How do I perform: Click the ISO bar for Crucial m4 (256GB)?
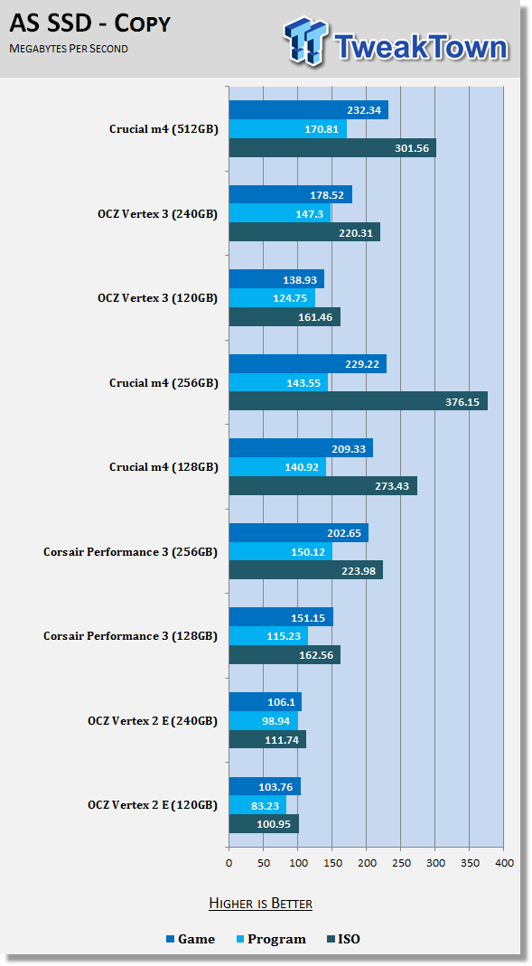[359, 401]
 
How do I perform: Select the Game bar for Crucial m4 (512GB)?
[309, 110]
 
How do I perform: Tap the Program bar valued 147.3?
[280, 214]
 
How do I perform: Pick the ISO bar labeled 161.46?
[285, 316]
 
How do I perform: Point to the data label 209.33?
[349, 449]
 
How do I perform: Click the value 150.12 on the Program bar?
[308, 552]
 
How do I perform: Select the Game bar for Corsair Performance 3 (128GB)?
[282, 617]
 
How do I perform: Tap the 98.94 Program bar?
[264, 721]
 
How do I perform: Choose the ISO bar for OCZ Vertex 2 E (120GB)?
[264, 824]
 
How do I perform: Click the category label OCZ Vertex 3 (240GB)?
[158, 214]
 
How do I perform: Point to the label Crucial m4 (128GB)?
[163, 467]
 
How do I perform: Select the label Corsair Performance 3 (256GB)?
[131, 552]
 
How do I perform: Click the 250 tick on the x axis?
[401, 863]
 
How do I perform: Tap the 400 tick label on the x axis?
[504, 863]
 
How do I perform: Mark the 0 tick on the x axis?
[229, 863]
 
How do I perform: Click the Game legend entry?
[191, 940]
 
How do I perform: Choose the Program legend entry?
[271, 940]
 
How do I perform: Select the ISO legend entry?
[343, 940]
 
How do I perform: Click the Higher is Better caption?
[260, 904]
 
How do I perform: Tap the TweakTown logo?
[396, 41]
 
